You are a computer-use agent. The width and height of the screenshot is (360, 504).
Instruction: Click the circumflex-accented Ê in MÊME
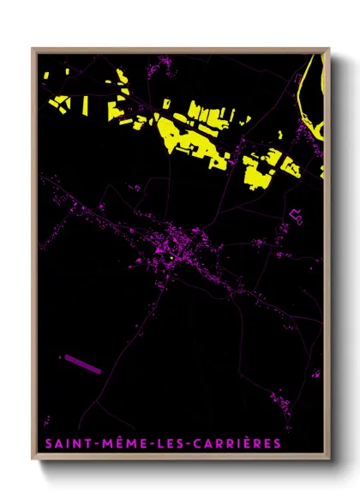coord(112,442)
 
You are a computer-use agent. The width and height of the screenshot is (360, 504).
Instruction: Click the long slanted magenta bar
coord(81,363)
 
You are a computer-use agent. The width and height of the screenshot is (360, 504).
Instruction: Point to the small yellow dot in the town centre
coord(171,258)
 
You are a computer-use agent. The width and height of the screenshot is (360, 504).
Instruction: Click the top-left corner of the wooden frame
coord(33,49)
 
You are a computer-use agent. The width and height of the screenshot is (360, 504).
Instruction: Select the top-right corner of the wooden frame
coord(330,49)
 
